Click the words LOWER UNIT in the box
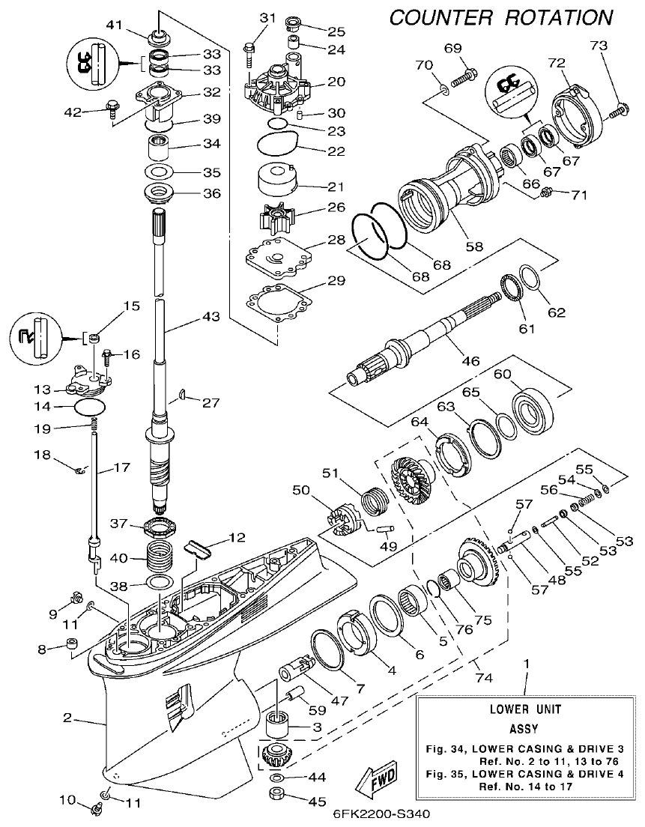pyautogui.click(x=524, y=709)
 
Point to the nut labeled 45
pyautogui.click(x=277, y=794)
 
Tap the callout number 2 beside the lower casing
pyautogui.click(x=67, y=718)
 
